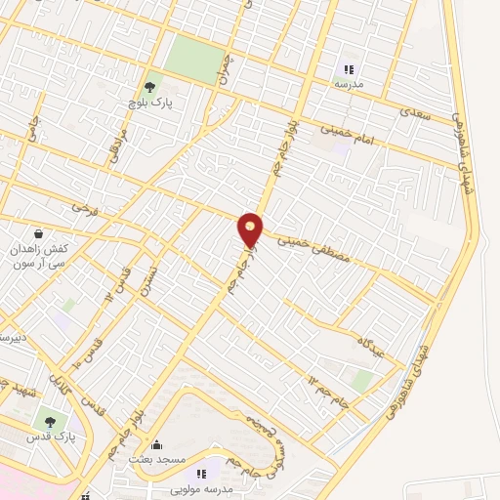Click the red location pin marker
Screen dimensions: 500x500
(251, 229)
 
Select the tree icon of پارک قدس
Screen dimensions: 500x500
(50, 421)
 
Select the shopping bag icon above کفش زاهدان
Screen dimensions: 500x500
(37, 234)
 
